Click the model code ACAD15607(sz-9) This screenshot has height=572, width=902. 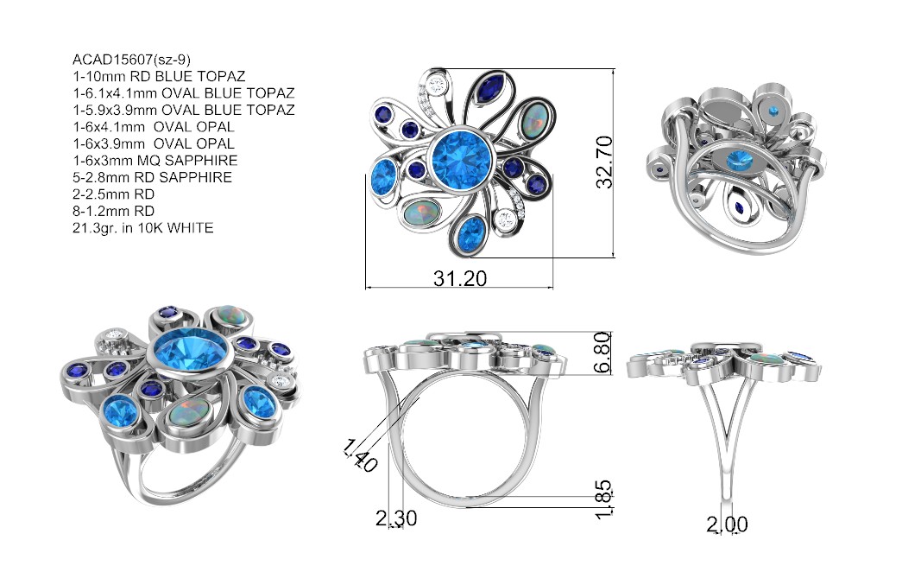tap(132, 60)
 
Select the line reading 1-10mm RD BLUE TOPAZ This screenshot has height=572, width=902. tap(159, 76)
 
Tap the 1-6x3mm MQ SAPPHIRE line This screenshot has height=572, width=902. tap(155, 160)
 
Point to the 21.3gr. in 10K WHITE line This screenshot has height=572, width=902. tap(142, 227)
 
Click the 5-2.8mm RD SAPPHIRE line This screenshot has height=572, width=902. tap(153, 177)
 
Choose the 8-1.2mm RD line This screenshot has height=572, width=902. tap(113, 211)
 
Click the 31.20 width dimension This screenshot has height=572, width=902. tap(460, 279)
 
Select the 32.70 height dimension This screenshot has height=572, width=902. tap(604, 162)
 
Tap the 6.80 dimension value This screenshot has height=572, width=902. tap(602, 352)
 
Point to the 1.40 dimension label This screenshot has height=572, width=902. tap(360, 455)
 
